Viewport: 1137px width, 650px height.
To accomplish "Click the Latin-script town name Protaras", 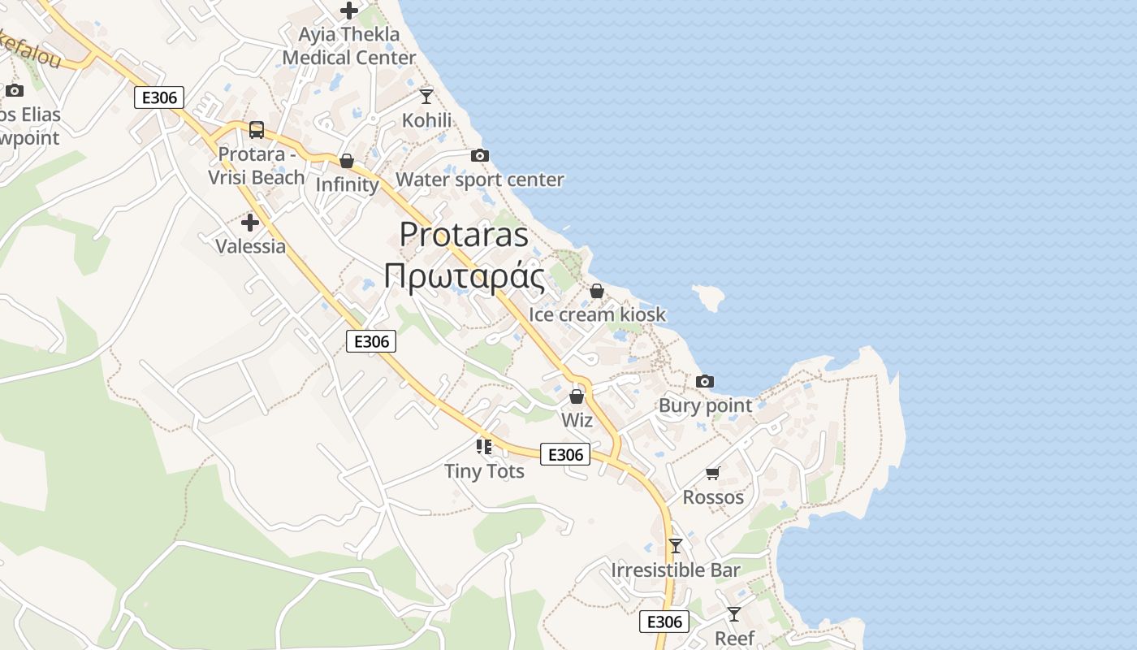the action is pos(464,236).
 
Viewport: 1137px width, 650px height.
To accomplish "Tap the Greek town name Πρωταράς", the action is pos(464,276).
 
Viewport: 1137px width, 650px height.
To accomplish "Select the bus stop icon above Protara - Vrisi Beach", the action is pos(257,129).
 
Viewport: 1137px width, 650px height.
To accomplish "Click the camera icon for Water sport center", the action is pos(479,155).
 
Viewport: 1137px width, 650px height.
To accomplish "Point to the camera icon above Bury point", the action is pos(705,381).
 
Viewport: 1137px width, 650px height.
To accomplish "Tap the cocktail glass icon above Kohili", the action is pos(426,96).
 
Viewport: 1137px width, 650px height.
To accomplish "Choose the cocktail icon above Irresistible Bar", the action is pos(676,545).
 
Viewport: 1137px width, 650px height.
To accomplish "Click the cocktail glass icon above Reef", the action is pos(734,613).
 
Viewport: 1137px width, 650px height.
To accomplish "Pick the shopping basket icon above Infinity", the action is pos(347,161).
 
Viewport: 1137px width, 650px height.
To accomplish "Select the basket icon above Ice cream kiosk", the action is pos(597,291).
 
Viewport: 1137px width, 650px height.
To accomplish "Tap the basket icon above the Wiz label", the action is pos(577,396).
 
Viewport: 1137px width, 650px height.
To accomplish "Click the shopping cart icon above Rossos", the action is pos(713,473).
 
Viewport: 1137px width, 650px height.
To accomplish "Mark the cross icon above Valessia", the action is pos(250,222).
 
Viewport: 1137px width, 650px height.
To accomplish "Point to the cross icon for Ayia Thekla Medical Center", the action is pos(349,11).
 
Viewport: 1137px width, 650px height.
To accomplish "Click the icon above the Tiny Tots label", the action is pos(484,446).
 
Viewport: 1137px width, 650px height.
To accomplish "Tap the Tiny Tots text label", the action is pos(484,471).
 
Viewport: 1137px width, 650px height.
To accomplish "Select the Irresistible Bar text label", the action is pos(676,570).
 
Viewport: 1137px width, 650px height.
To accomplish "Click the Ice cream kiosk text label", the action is pos(597,314).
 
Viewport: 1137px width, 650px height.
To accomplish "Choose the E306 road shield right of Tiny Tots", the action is pos(565,454).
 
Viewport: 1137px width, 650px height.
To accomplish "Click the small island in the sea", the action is pos(708,298).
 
